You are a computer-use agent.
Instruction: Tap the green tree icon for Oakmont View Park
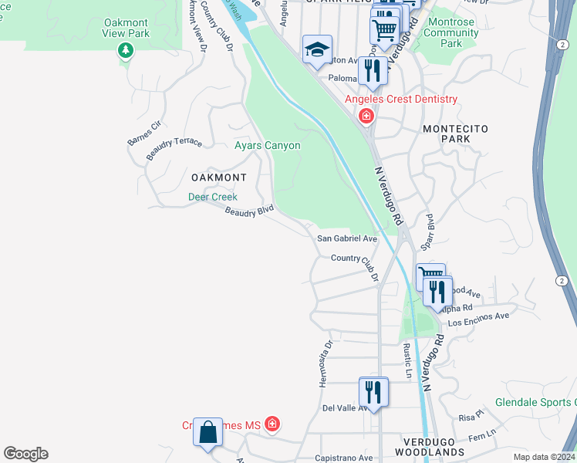tap(125, 51)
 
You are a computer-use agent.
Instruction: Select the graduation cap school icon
tap(317, 49)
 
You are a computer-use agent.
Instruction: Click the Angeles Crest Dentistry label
tap(400, 99)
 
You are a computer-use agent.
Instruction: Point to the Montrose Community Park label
tap(451, 33)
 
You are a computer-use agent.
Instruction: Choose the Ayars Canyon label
tap(267, 145)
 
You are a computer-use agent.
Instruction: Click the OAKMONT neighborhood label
tap(218, 177)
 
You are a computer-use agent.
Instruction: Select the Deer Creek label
tap(213, 197)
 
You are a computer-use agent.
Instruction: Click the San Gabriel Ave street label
tap(347, 239)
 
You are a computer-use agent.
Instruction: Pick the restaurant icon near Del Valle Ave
tap(373, 391)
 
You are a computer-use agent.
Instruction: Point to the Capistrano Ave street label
tap(343, 458)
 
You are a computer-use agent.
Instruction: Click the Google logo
tap(25, 454)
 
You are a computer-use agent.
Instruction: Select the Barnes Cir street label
tap(144, 132)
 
